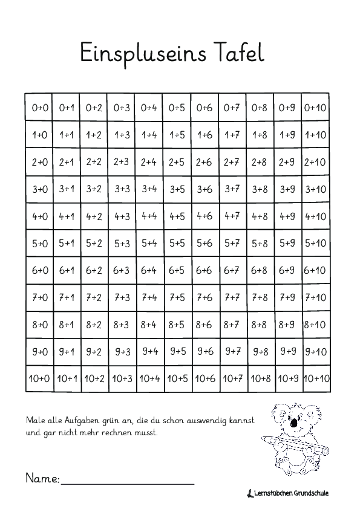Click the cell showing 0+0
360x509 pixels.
39,108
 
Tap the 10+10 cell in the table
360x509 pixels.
316,379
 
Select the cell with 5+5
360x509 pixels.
177,244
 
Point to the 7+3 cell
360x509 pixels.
122,297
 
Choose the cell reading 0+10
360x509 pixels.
316,108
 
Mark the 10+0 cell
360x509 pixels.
39,379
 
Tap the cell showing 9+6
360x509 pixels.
205,351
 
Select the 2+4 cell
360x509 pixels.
149,162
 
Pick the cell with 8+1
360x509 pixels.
67,325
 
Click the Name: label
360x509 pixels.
42,478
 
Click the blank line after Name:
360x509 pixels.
127,483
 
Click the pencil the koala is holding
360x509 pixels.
296,444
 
